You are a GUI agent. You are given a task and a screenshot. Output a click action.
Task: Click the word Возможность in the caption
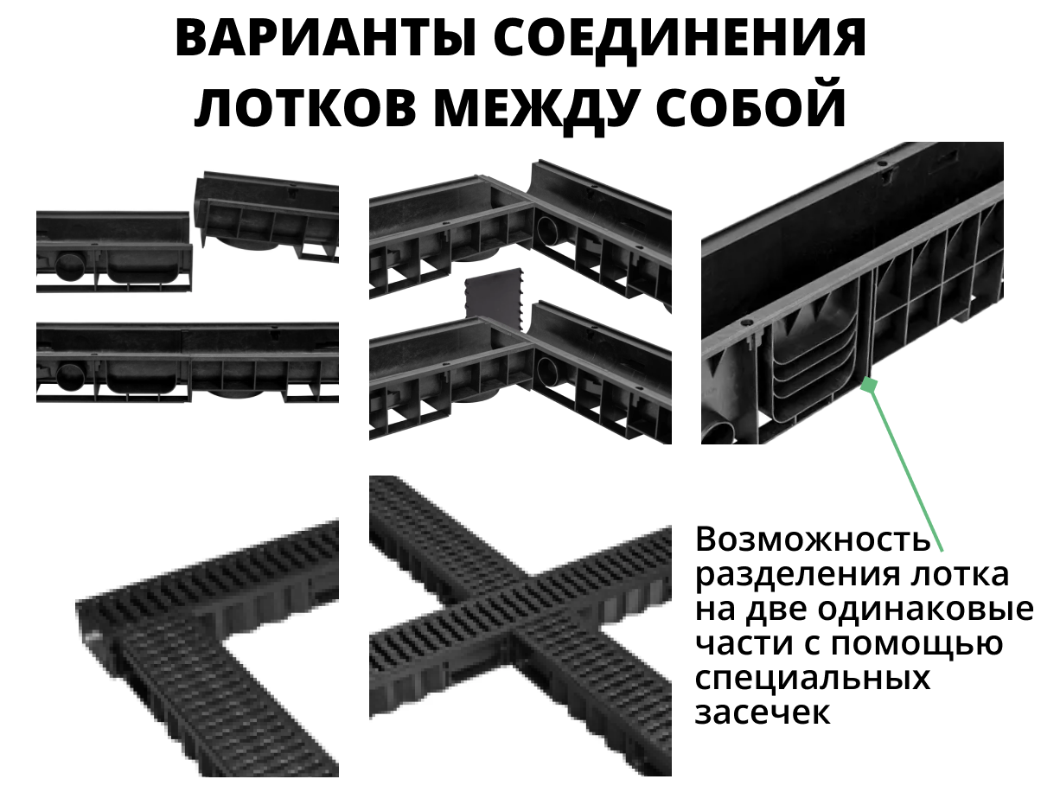pos(813,540)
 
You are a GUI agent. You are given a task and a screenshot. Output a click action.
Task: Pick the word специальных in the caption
pos(813,679)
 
